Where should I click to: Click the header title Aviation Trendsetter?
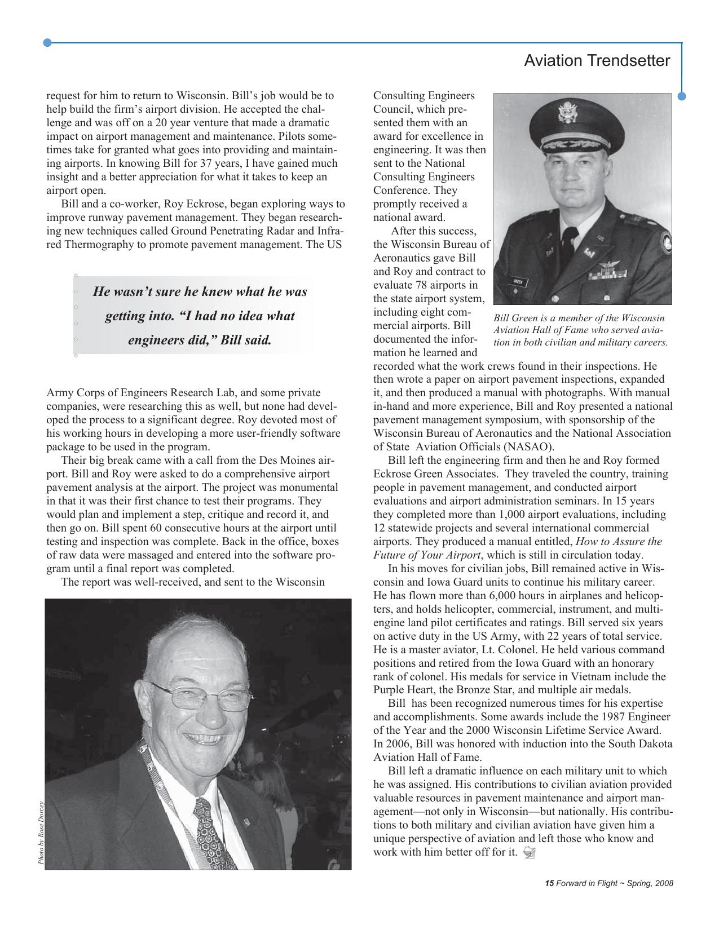[597, 61]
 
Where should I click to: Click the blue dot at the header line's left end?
[47, 43]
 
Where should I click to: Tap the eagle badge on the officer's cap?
[567, 112]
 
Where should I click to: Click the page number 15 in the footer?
[549, 883]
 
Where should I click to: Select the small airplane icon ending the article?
[528, 852]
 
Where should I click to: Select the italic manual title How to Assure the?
[618, 542]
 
